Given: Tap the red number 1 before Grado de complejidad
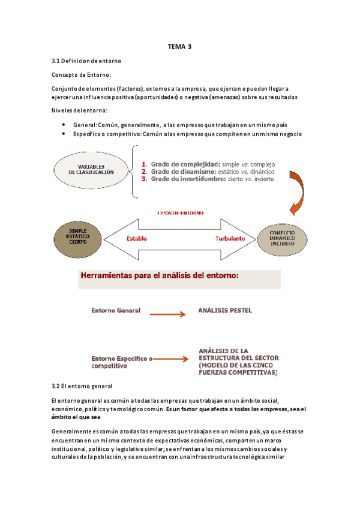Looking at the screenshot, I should coord(144,164).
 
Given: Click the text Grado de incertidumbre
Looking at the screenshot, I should coord(188,179).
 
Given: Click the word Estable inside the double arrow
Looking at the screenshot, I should coord(136,238).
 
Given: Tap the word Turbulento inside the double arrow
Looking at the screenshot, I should coord(230,238).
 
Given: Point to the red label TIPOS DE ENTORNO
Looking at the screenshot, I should coord(179,213).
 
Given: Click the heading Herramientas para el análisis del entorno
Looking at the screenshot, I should coord(160,277).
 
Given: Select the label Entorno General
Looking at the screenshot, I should coord(116,310).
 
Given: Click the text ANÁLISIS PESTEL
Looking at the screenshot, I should coord(225,310).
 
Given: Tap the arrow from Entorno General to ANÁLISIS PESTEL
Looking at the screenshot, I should coord(168,313).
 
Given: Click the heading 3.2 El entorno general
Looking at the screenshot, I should coord(83,385).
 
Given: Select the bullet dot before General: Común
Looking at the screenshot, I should coord(64,123).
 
